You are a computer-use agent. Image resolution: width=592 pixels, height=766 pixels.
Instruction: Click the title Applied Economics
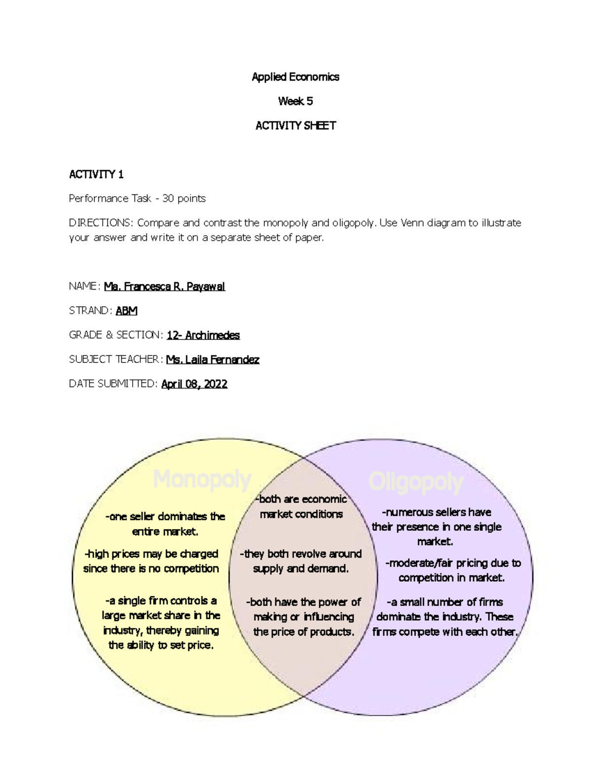coord(296,77)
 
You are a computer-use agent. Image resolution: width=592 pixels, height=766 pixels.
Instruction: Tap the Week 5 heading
coord(296,101)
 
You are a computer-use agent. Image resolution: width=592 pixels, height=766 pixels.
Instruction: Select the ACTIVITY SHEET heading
coord(296,126)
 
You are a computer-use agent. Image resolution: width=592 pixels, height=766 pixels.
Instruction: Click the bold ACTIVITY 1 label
coord(96,175)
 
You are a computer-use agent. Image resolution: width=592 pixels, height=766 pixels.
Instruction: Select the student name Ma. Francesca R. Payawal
coord(164,287)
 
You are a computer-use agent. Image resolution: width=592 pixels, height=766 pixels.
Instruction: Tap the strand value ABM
coord(126,311)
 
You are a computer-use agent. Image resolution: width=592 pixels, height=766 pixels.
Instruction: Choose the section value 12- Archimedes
coord(203,335)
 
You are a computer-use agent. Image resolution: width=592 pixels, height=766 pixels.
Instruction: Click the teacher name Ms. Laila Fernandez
coord(213,360)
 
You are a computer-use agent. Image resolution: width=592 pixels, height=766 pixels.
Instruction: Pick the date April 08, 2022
coord(194,384)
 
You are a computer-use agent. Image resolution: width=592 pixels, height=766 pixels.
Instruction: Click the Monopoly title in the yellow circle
coord(202,479)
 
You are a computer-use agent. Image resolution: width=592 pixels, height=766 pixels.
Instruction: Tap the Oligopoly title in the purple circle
coord(416,482)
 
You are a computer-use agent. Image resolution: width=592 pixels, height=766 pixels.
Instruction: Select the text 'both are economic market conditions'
coord(301,507)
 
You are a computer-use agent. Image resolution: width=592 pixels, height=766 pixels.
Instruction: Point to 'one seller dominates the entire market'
coord(165,524)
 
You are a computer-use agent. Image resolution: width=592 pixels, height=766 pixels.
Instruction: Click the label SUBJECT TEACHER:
coord(115,360)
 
